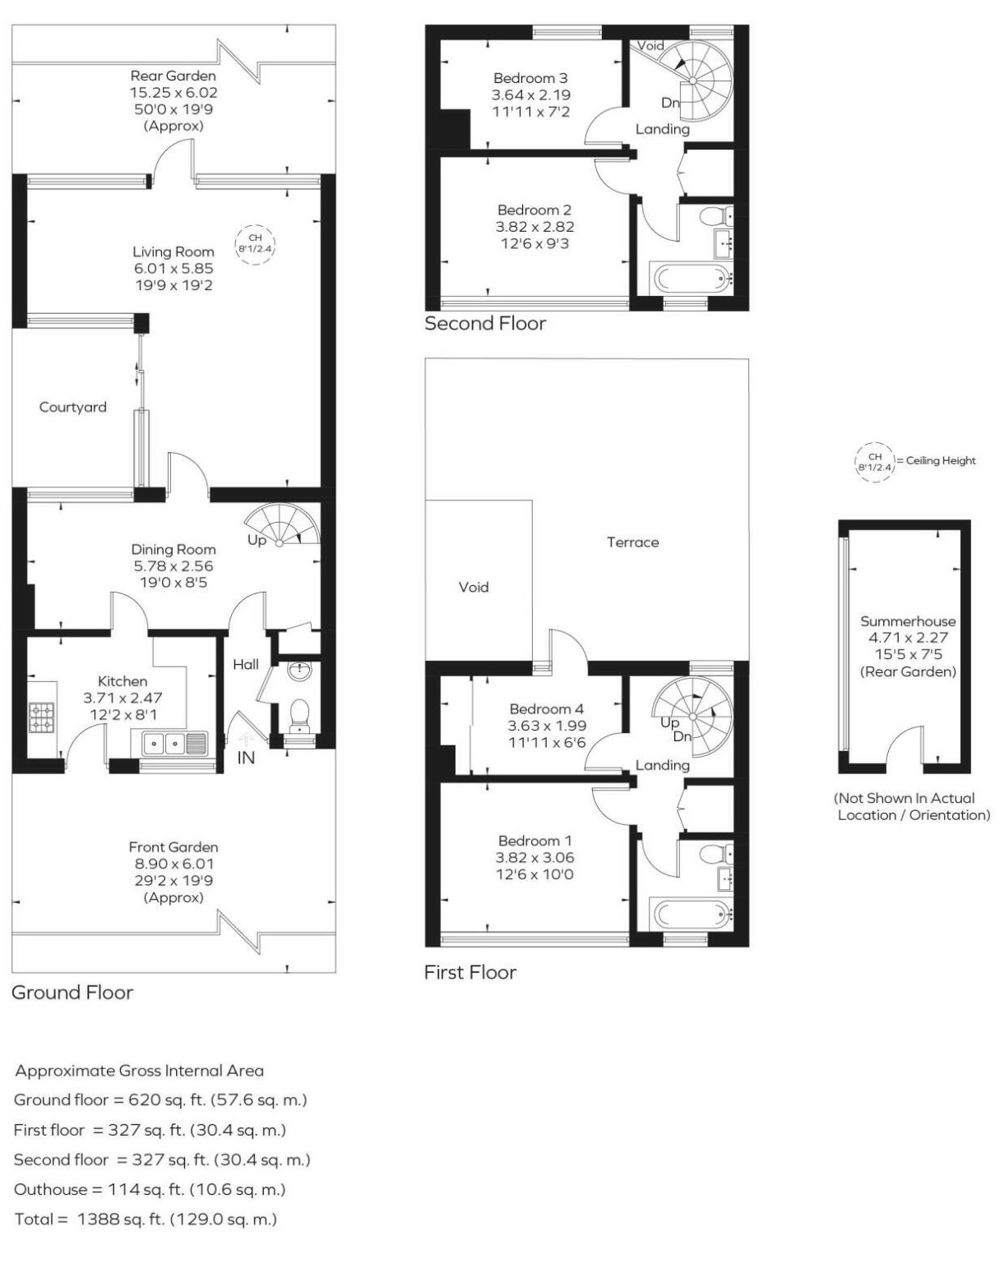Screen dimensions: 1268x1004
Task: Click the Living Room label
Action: [173, 251]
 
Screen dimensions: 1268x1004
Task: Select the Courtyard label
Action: [73, 407]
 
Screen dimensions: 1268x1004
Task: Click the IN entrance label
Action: [245, 758]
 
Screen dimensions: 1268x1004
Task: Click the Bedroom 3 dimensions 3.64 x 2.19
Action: [530, 95]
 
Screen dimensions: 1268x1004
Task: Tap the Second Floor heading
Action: [484, 324]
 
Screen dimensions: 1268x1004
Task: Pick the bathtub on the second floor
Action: [690, 278]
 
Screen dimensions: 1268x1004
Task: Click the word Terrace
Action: [632, 542]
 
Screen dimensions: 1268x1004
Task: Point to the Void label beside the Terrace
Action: [473, 587]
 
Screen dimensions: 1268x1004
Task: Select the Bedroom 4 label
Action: [546, 708]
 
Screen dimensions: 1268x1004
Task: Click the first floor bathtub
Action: [690, 912]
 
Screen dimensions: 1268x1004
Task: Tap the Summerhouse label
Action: [908, 621]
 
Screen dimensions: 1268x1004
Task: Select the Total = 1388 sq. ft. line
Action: [146, 1220]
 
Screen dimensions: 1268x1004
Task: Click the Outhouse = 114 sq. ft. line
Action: [150, 1189]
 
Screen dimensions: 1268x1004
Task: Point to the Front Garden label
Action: [173, 846]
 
